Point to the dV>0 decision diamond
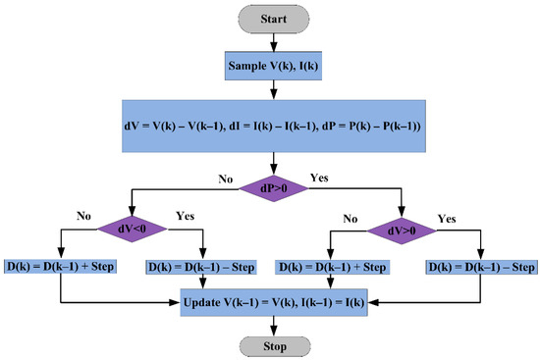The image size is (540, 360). (x=403, y=229)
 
